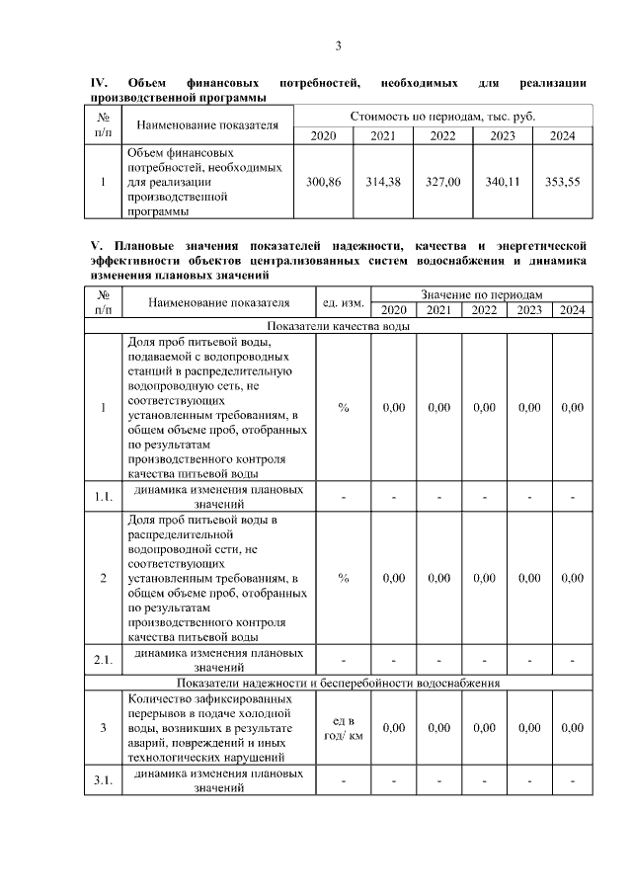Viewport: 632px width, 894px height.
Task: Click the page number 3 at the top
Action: (338, 46)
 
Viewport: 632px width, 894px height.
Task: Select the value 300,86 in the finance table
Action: (324, 182)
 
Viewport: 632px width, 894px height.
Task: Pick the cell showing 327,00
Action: (443, 182)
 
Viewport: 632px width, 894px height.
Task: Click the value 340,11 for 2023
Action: (503, 182)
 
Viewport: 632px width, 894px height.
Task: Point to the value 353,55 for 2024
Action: (563, 182)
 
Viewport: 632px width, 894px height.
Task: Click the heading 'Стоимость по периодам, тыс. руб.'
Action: (442, 117)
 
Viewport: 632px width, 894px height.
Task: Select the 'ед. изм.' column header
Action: (343, 302)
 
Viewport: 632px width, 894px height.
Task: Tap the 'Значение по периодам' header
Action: (481, 294)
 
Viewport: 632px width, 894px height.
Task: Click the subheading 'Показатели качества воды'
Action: (338, 326)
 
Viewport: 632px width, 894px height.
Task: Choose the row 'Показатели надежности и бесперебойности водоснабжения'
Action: (338, 682)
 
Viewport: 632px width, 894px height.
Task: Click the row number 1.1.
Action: (103, 496)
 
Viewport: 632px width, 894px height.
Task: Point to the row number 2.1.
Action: (103, 659)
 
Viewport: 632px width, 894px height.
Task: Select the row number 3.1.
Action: (103, 781)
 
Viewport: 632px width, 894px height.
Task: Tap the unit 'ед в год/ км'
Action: (343, 728)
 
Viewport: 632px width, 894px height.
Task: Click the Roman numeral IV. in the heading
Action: (99, 82)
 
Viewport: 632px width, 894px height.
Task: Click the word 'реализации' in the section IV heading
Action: (553, 82)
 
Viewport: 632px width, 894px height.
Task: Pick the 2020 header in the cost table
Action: (324, 135)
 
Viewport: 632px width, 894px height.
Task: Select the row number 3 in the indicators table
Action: (103, 728)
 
